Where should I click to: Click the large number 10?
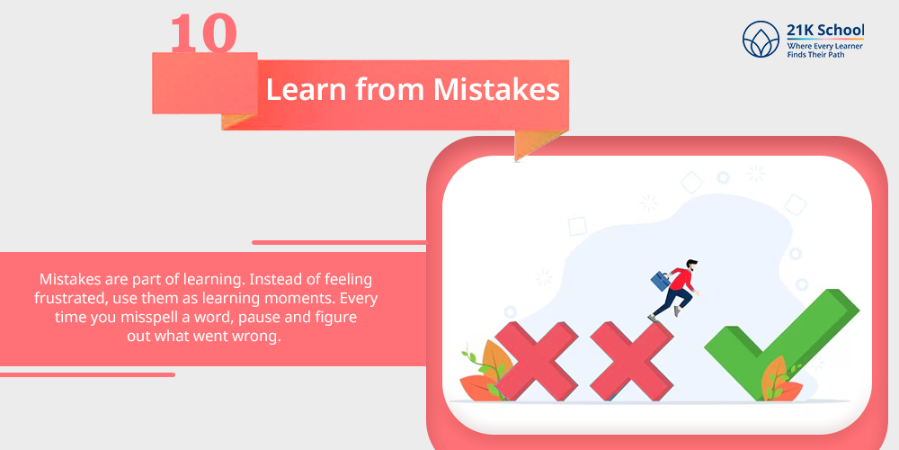(203, 32)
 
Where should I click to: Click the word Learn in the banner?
(306, 90)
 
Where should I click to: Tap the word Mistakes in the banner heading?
(496, 90)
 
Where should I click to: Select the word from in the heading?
(388, 90)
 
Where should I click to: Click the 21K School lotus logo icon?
(761, 39)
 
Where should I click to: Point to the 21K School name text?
(825, 31)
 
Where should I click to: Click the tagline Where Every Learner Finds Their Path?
(825, 49)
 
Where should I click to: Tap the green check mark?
(781, 343)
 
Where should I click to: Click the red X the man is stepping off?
(631, 361)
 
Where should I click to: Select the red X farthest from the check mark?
(537, 361)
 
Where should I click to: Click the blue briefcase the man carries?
(661, 281)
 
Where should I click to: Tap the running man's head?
(692, 266)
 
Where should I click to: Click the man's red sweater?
(681, 280)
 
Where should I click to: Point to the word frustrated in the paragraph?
(70, 299)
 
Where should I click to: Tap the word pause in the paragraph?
(268, 318)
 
